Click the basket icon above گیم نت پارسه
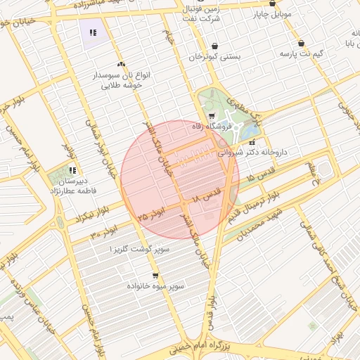point(302,43)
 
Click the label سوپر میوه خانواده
point(155,287)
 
